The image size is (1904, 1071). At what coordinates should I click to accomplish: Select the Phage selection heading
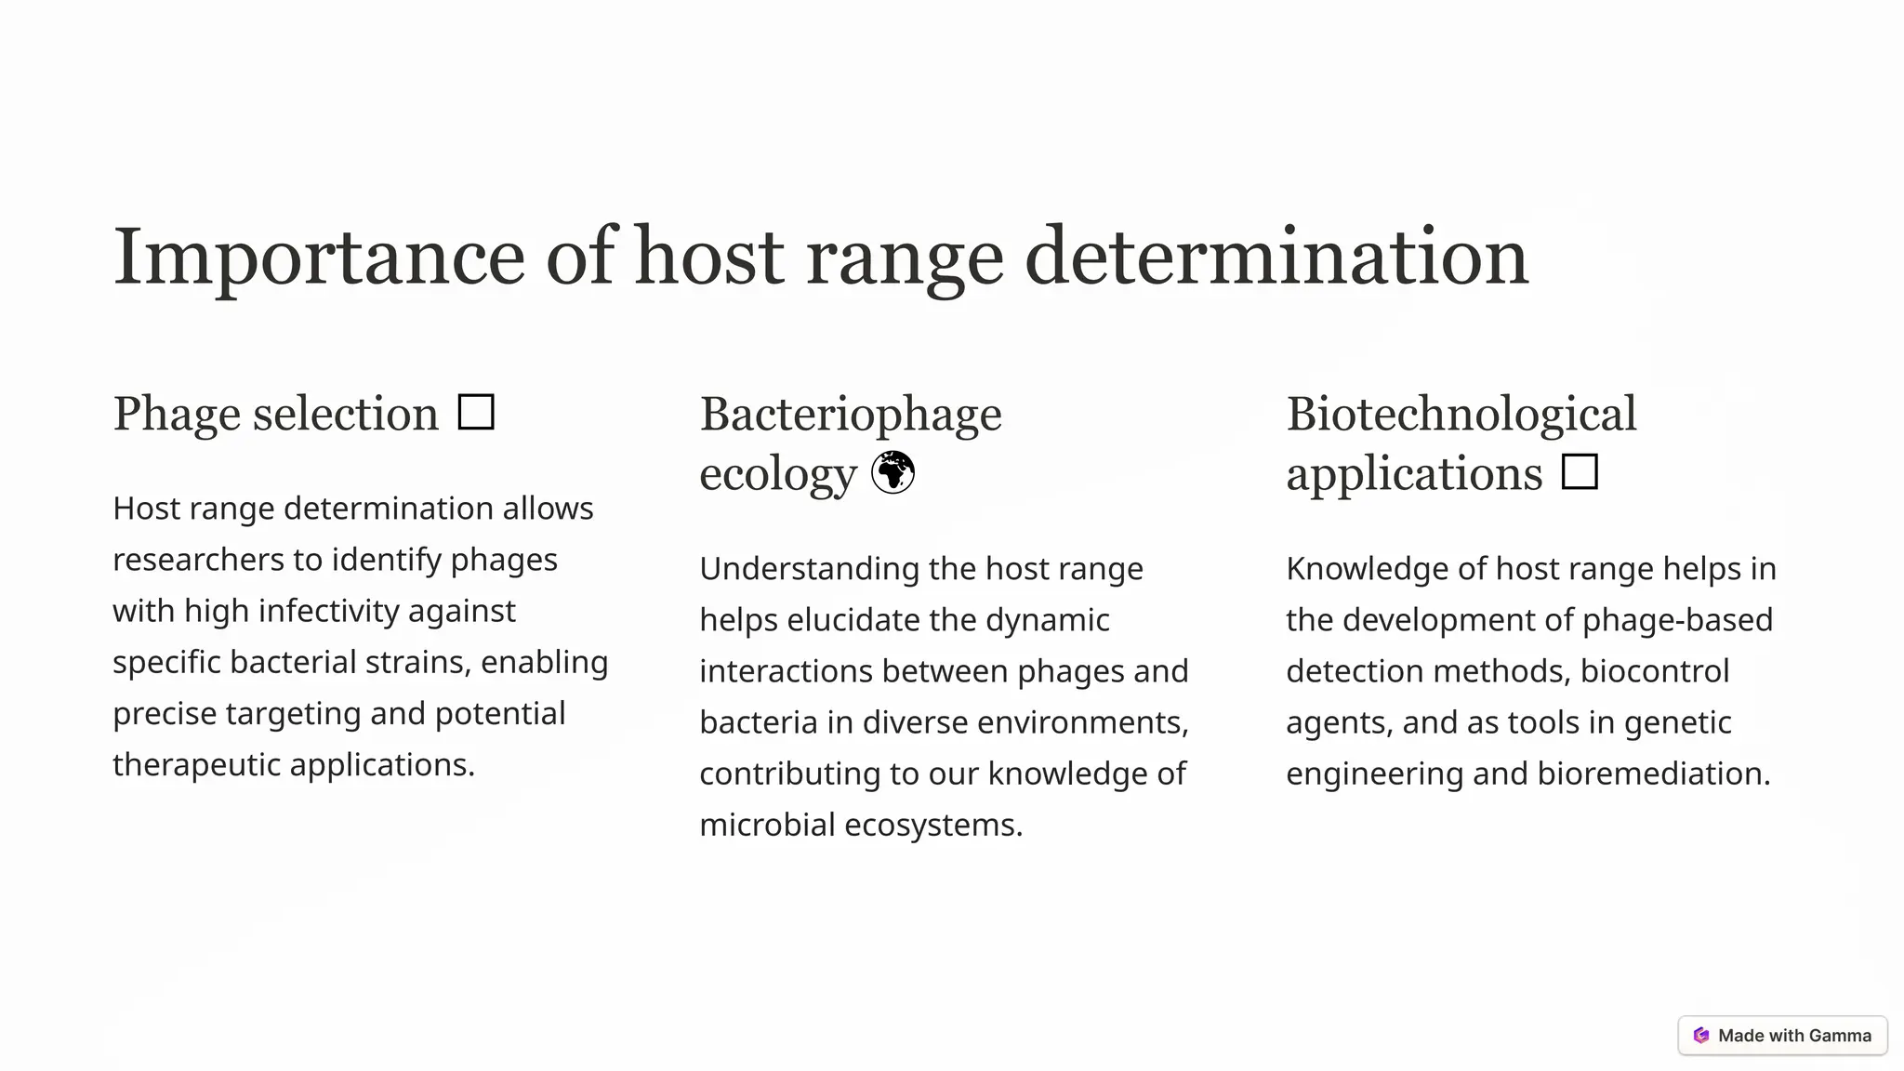[x=275, y=414]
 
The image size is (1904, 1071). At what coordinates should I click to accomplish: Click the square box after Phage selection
[x=476, y=412]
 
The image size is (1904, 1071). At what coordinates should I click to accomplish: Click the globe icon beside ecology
[x=892, y=472]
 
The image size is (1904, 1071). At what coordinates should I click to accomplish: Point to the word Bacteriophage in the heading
[x=850, y=414]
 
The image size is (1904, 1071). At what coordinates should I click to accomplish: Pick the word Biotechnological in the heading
[x=1461, y=414]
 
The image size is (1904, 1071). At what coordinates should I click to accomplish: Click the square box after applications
[x=1580, y=471]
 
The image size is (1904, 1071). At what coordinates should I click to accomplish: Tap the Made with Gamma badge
[x=1782, y=1036]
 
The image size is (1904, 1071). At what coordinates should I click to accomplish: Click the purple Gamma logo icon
[x=1701, y=1036]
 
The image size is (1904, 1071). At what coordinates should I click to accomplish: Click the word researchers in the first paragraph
[x=198, y=560]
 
